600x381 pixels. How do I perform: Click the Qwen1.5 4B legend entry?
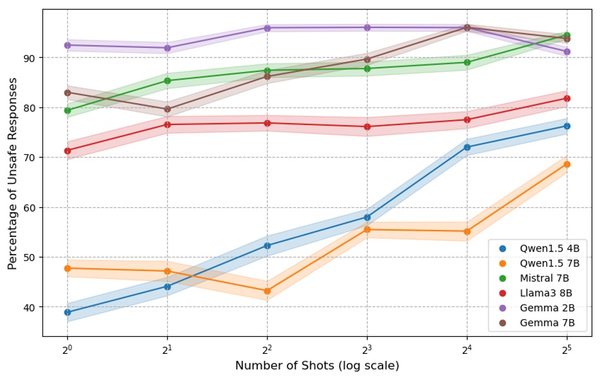(x=544, y=248)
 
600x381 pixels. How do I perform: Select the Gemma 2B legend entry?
(x=544, y=308)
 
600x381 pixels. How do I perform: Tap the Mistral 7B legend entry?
(x=544, y=278)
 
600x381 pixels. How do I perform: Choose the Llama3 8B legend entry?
(x=544, y=293)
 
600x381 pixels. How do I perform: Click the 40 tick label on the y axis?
(x=30, y=307)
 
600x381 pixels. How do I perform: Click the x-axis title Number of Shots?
(x=317, y=366)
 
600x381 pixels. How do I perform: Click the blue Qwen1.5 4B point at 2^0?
(x=68, y=312)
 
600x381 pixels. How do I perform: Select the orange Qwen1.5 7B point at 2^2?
(x=267, y=291)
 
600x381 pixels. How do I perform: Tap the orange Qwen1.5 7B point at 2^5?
(x=566, y=164)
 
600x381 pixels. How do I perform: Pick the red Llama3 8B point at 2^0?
(x=68, y=150)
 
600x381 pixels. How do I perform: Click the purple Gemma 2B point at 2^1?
(x=168, y=48)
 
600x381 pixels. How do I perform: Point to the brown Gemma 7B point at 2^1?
(x=168, y=109)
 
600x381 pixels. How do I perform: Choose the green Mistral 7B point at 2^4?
(x=467, y=62)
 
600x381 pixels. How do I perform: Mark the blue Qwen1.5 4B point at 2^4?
(x=467, y=147)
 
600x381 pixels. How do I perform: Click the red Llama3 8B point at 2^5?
(x=566, y=99)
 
